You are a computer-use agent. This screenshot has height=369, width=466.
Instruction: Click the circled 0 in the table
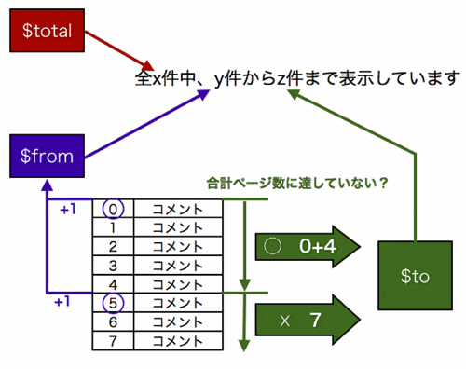click(113, 208)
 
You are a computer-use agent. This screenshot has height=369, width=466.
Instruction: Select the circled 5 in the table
click(113, 302)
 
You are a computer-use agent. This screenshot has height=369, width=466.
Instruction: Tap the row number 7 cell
click(113, 340)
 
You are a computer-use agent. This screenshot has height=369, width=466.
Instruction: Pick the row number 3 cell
click(113, 265)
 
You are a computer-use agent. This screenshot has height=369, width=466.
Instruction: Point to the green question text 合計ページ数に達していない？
click(297, 184)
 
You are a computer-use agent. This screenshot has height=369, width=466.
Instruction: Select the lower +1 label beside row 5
click(62, 300)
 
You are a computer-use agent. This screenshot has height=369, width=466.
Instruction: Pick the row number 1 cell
click(113, 227)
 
